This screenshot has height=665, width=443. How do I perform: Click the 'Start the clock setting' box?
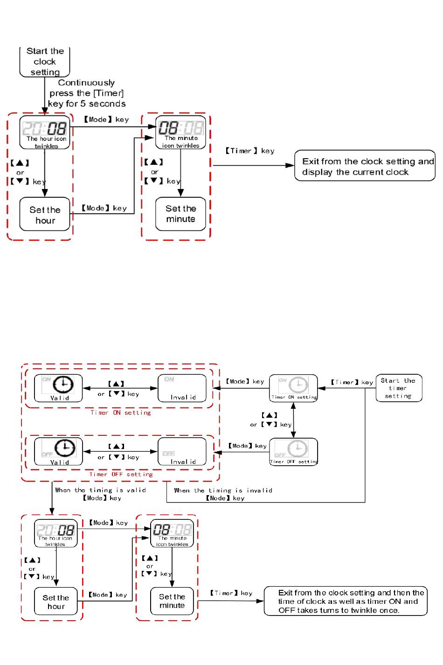45,62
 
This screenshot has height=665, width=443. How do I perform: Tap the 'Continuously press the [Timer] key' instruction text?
87,93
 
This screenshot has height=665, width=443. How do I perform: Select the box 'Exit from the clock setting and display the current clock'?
365,166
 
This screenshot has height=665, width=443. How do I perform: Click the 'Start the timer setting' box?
399,388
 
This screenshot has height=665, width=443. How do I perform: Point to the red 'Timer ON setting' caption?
120,413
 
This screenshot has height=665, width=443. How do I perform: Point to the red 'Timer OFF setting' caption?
121,475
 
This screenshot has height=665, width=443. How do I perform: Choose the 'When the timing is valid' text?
100,490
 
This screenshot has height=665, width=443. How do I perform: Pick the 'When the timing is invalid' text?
223,491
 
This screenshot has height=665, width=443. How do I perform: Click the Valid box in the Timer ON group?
58,388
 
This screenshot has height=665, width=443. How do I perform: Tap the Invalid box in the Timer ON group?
182,388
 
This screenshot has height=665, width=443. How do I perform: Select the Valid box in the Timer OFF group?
58,452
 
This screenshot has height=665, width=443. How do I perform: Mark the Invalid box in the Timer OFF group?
182,452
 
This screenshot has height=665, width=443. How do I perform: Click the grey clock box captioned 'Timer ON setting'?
293,388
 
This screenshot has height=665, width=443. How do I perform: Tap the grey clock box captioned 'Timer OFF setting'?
293,452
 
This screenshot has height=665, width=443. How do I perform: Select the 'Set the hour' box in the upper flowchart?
45,215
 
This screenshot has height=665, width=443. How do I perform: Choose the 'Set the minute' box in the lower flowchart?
172,601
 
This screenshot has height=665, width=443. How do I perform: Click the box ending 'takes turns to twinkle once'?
346,602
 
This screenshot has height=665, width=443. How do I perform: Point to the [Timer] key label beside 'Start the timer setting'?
352,383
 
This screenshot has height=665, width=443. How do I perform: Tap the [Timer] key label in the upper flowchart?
250,151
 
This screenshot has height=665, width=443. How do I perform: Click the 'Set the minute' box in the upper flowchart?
180,214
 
